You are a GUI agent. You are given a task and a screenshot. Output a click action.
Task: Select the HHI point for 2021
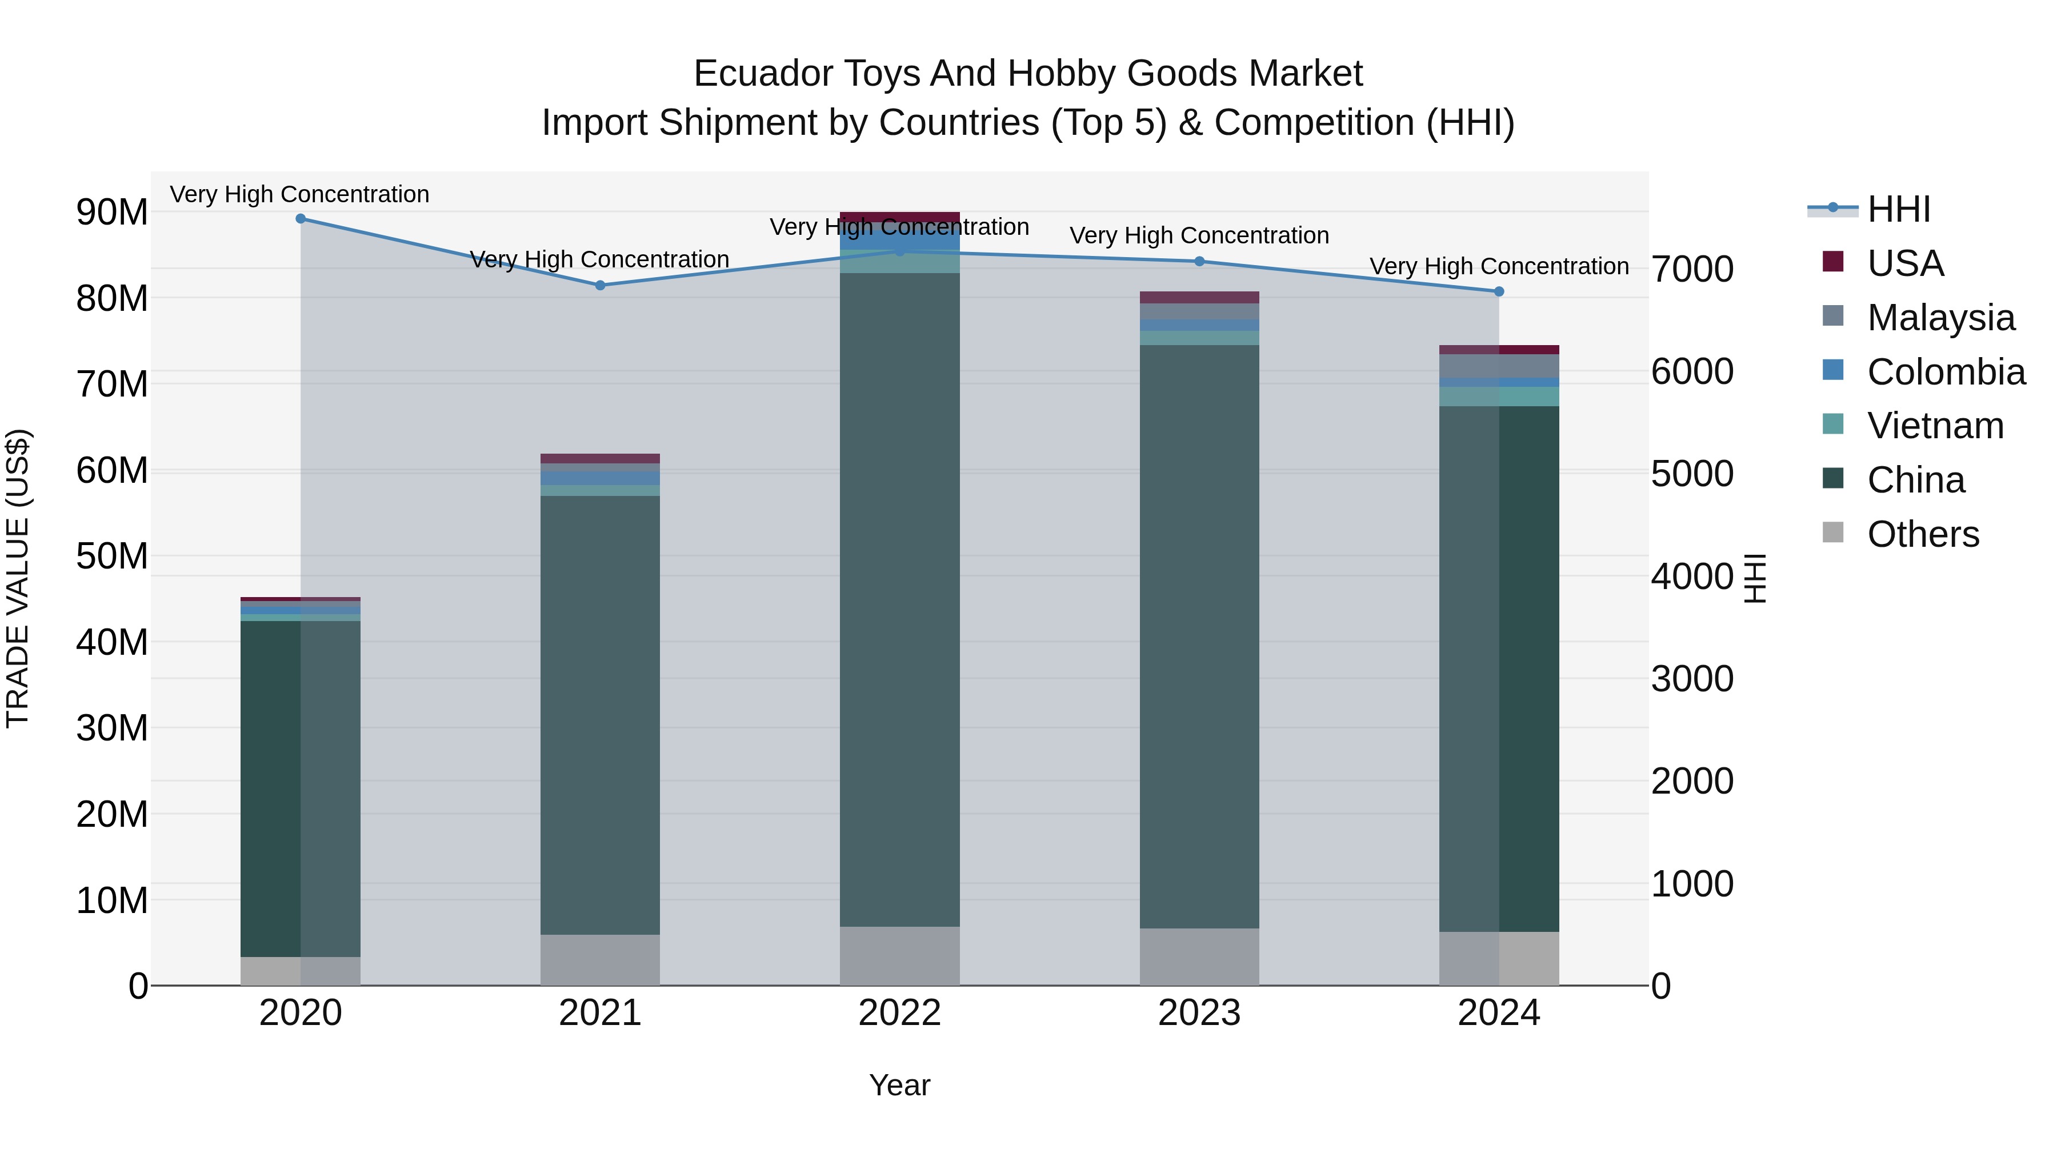coord(601,285)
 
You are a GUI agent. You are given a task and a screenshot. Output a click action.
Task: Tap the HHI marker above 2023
coord(1199,261)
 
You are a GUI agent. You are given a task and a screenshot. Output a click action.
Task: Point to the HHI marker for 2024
coord(1499,291)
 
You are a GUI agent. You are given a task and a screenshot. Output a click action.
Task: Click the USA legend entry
coord(1904,263)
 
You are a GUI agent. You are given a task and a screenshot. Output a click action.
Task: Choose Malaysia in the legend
coord(1940,318)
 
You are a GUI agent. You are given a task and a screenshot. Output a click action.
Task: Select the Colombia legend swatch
coord(1834,370)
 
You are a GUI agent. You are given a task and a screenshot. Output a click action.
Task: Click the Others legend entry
coord(1923,534)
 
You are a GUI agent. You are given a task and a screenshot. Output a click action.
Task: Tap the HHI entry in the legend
coord(1898,209)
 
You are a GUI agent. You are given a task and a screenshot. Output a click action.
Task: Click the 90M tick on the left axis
coord(112,213)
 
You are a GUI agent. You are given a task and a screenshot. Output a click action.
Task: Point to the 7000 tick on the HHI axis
coord(1692,270)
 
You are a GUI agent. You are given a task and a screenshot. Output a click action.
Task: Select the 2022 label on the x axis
coord(900,1013)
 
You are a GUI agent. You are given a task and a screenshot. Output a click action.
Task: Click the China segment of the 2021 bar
coord(601,715)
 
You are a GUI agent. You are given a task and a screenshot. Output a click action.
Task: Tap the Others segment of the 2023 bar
coord(1199,956)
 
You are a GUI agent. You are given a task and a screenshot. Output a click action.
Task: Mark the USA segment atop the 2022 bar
coord(900,217)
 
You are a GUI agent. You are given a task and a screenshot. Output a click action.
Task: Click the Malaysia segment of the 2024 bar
coord(1499,366)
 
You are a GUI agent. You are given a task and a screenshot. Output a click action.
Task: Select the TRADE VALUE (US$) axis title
coord(18,578)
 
